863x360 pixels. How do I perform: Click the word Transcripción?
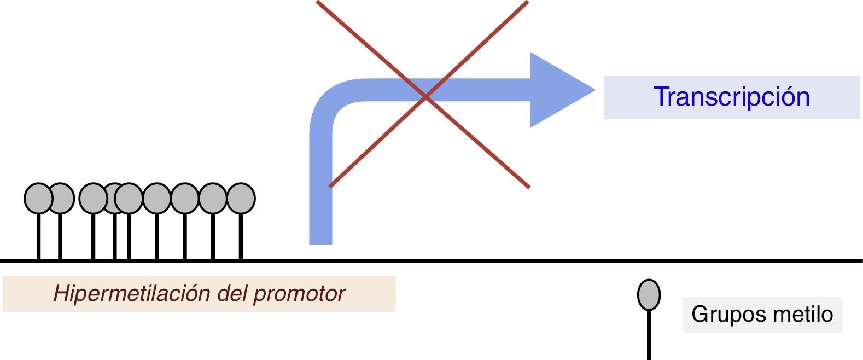pyautogui.click(x=732, y=97)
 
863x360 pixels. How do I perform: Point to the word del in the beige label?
pyautogui.click(x=232, y=294)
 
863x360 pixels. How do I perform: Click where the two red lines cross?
pyautogui.click(x=425, y=97)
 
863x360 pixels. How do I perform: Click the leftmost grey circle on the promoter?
pyautogui.click(x=38, y=198)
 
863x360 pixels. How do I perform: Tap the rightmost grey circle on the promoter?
pyautogui.click(x=241, y=198)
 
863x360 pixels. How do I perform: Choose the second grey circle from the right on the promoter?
pyautogui.click(x=213, y=198)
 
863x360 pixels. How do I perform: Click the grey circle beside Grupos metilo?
pyautogui.click(x=649, y=294)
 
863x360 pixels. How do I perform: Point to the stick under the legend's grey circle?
pyautogui.click(x=649, y=336)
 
